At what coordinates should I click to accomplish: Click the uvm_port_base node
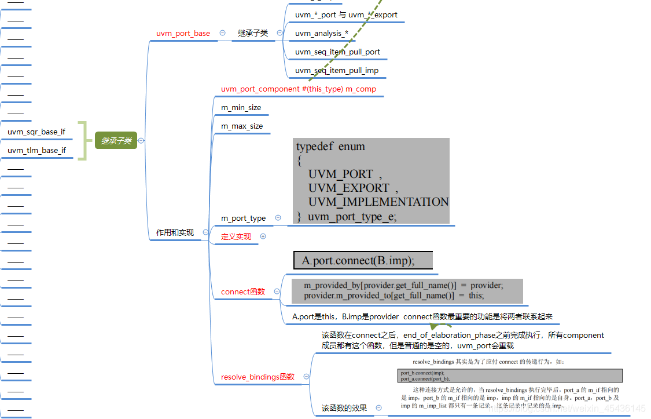coord(183,34)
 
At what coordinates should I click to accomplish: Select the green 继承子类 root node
coord(116,141)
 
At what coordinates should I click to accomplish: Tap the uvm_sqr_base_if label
coord(36,132)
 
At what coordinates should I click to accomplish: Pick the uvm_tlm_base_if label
coord(36,151)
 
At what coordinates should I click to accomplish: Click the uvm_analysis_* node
coord(322,34)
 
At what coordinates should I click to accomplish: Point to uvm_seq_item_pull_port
coord(337,52)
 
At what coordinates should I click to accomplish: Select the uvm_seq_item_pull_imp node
coord(337,71)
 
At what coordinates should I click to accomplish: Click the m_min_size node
coord(241,108)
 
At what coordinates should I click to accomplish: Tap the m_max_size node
coord(242,126)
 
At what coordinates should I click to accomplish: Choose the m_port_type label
coord(244,218)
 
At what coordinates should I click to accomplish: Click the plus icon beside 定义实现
coord(263,236)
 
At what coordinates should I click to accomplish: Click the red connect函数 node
coord(243,292)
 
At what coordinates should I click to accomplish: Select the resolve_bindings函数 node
coord(258,377)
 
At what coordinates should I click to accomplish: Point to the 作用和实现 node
coord(175,233)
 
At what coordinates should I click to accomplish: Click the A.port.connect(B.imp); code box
coord(363,261)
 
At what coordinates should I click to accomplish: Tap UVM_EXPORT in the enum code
coord(348,188)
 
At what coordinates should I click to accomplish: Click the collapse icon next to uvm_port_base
coord(222,33)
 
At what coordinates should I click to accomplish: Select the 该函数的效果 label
coord(344,408)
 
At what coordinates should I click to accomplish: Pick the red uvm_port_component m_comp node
coord(299,89)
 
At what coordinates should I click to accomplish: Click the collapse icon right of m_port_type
coord(278,218)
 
